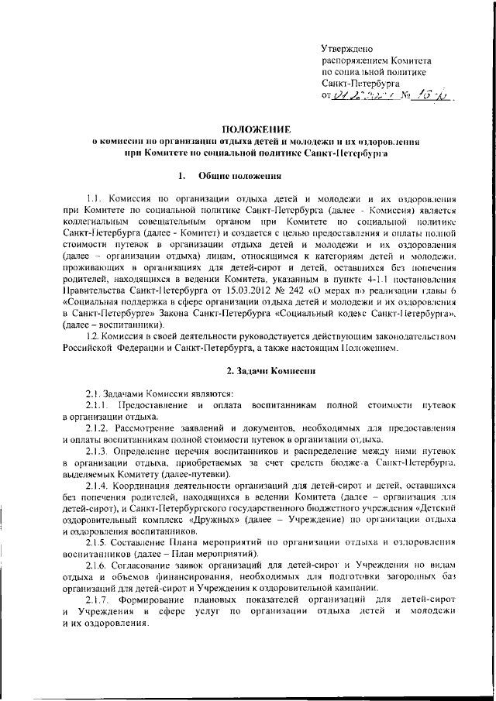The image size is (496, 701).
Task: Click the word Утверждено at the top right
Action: click(348, 49)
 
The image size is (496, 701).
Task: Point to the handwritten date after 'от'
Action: click(361, 96)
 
